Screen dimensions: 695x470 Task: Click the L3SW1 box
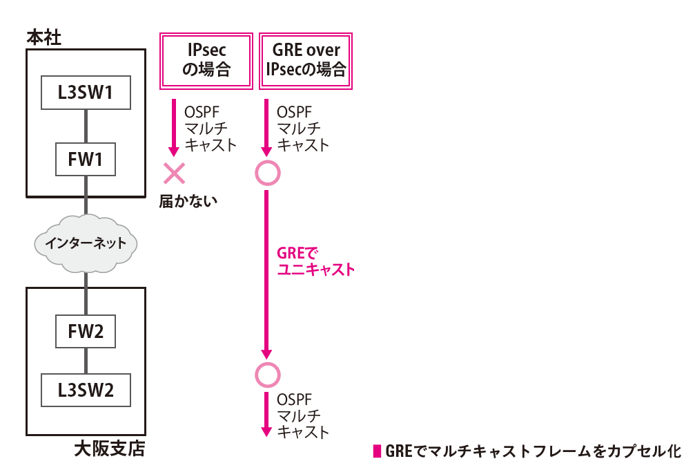click(x=86, y=93)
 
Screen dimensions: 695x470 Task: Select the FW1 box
click(x=86, y=159)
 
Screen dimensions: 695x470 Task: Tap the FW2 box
click(x=86, y=331)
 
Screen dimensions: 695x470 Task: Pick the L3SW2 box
click(x=86, y=390)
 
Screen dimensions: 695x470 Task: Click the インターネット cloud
click(x=86, y=243)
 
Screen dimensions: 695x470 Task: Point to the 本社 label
click(x=44, y=38)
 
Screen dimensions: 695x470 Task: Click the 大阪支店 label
click(x=110, y=449)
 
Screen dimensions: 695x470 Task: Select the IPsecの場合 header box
click(x=206, y=61)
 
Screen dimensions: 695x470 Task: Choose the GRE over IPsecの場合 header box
click(x=306, y=61)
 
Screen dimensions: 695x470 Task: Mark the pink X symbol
click(x=174, y=173)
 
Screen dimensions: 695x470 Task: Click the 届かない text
click(x=188, y=202)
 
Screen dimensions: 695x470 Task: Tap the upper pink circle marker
click(x=268, y=173)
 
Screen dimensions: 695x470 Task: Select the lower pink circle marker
click(x=268, y=375)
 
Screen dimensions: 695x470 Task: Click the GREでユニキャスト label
click(x=315, y=261)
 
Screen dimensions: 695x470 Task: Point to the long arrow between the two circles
click(x=266, y=274)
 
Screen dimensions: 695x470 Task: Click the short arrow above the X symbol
click(x=174, y=128)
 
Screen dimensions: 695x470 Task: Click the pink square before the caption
click(x=378, y=451)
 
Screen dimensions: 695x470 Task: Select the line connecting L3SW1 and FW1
click(x=86, y=126)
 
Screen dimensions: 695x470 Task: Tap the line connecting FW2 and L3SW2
click(x=86, y=361)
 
